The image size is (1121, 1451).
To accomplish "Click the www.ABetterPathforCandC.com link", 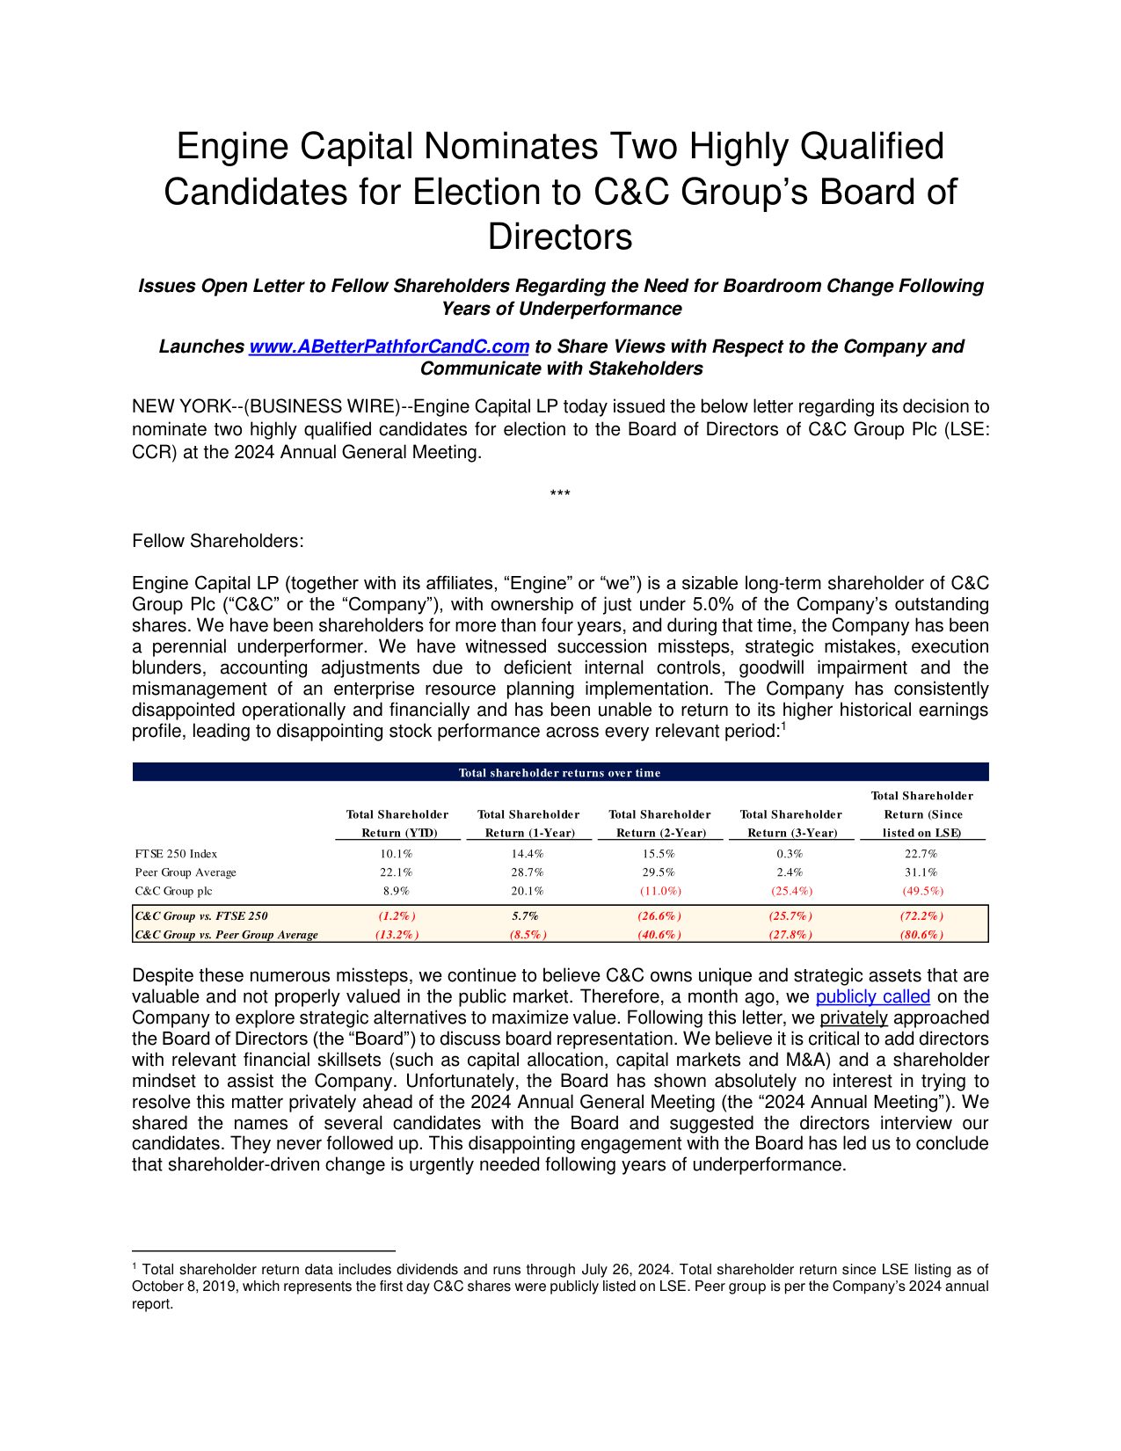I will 389,346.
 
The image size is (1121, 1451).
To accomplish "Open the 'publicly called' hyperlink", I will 872,996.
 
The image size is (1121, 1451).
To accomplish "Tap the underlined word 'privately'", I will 854,1017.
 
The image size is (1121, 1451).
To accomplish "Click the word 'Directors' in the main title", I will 560,237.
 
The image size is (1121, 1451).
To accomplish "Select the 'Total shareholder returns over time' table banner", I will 560,773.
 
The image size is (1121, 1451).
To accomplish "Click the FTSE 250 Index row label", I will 176,854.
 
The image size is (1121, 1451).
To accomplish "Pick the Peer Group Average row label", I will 186,872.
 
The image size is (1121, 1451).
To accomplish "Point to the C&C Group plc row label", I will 173,891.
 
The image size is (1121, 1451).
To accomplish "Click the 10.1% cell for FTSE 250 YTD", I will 397,854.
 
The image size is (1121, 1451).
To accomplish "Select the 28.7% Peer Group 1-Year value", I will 528,872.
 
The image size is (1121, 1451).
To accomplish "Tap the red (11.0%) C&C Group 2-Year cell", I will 659,891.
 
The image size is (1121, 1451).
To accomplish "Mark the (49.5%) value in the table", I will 922,891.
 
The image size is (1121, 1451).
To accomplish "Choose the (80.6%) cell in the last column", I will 921,935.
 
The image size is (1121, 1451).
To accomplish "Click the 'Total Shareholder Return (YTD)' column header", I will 397,823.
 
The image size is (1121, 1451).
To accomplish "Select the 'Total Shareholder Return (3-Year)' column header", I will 791,823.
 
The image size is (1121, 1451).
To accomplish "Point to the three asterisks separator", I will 560,494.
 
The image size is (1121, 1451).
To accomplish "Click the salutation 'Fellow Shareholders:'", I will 218,541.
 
